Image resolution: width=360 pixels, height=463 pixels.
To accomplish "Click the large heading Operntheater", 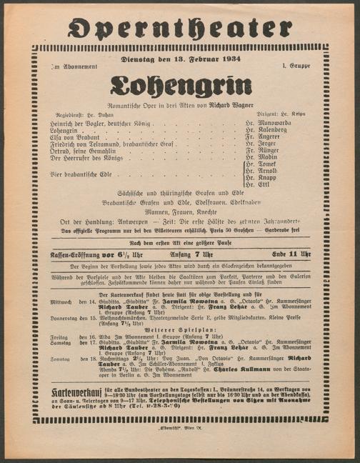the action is pos(180,28).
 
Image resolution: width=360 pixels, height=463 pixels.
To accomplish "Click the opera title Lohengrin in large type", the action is pos(180,87).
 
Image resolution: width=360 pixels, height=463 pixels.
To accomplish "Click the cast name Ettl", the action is pos(266,185).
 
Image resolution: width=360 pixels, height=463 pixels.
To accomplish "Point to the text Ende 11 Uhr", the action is pos(291,254).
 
